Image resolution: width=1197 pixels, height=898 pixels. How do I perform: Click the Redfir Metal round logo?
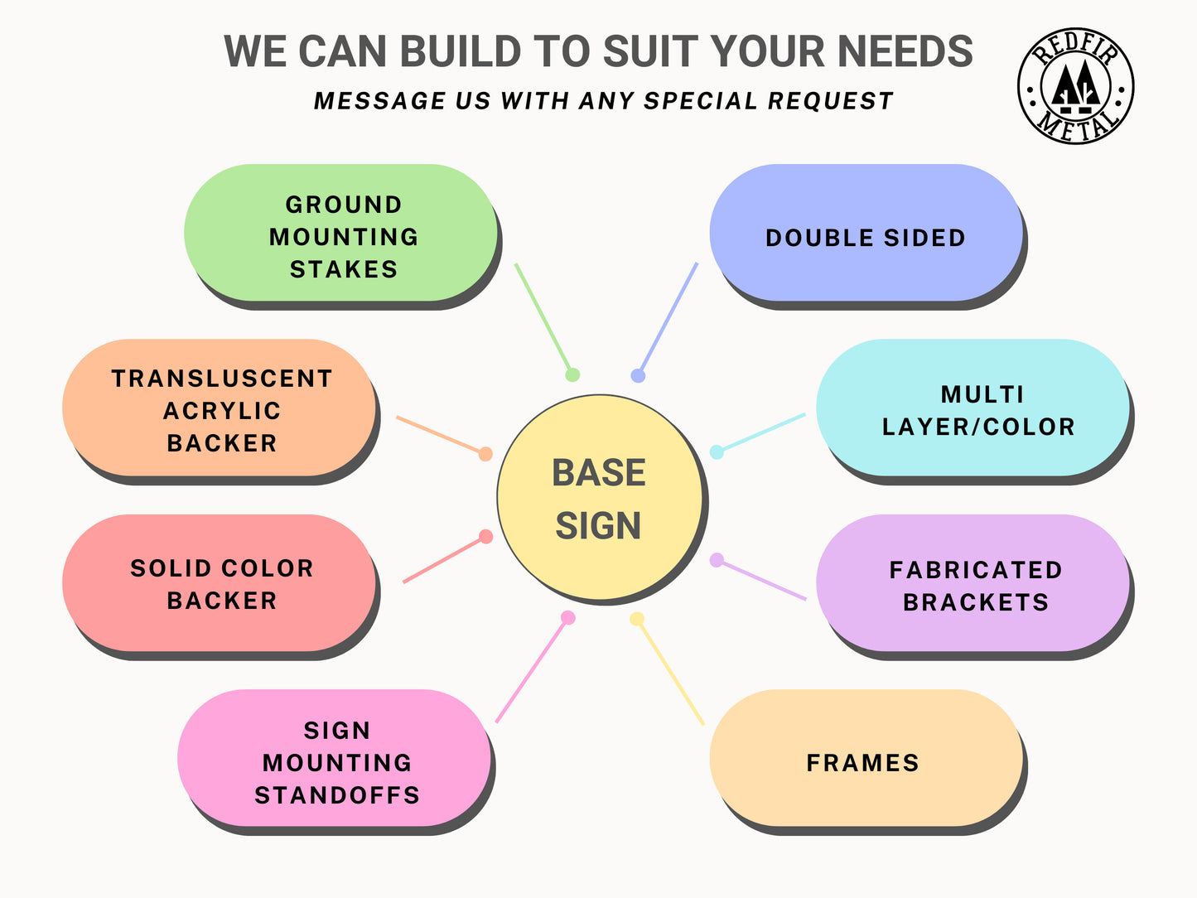coord(1075,85)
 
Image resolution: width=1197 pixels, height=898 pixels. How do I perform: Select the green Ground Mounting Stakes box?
coord(341,234)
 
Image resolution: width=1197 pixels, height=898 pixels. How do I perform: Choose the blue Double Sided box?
coord(866,234)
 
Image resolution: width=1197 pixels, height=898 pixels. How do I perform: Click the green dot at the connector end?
coord(572,375)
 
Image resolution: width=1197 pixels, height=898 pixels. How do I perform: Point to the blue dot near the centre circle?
coord(638,376)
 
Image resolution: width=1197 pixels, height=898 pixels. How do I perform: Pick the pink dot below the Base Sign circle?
coord(567,618)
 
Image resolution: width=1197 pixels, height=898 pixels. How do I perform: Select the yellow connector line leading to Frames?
coord(669,672)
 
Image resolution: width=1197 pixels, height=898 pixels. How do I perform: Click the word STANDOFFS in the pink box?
coord(337,795)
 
